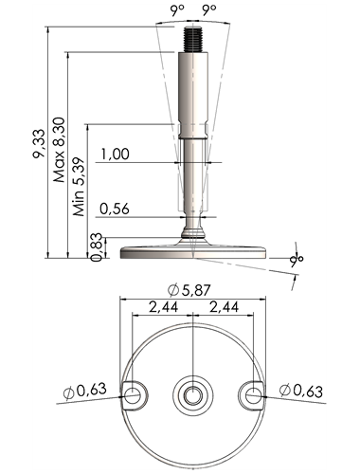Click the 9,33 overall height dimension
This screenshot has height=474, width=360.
39,143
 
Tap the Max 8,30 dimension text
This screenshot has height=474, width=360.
59,150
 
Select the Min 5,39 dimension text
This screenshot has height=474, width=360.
79,187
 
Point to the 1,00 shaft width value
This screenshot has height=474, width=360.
115,155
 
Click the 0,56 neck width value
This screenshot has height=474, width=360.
115,209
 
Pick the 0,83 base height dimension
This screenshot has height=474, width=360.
96,246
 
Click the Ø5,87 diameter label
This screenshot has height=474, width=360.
189,290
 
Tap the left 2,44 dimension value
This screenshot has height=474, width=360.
163,307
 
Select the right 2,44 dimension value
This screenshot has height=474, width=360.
224,307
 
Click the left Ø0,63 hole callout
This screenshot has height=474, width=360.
84,391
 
